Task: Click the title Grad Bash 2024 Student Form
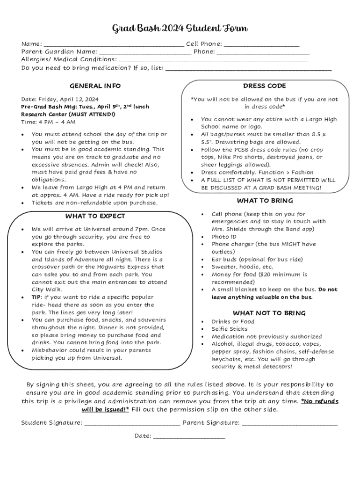(x=180, y=29)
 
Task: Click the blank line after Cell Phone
(x=261, y=45)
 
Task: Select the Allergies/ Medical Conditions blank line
(x=213, y=60)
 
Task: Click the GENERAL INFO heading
(x=95, y=86)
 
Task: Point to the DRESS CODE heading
(x=264, y=86)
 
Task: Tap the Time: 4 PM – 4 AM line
(x=48, y=122)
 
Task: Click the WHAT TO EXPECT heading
(x=95, y=216)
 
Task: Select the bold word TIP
(x=36, y=297)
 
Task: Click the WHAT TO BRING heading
(x=264, y=201)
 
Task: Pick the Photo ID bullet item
(x=224, y=237)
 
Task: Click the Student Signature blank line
(x=132, y=423)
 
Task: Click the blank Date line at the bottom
(x=189, y=436)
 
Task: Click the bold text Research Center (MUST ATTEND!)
(x=68, y=114)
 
